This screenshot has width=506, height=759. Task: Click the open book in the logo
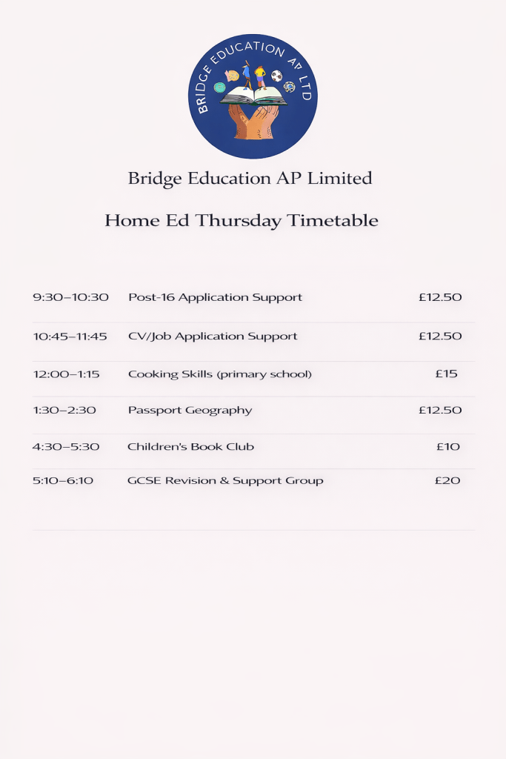coord(253,95)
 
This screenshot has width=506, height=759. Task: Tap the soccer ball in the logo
coord(276,76)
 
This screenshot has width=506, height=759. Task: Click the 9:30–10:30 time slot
coord(70,297)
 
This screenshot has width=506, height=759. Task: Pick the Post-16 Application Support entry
coord(215,297)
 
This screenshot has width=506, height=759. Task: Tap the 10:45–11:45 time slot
coord(70,336)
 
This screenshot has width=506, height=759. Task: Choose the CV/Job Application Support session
coord(213,336)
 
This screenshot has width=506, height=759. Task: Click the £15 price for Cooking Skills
coord(446,374)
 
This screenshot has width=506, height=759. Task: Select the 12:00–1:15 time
coord(66,374)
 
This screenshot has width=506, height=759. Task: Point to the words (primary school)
coord(264,374)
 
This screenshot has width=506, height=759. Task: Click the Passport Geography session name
coord(190,410)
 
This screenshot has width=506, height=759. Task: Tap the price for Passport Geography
coord(440,410)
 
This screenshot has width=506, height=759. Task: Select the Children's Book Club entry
coord(190,446)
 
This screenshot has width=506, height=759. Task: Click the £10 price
coord(447,446)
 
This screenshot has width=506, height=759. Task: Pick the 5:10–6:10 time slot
coord(63,480)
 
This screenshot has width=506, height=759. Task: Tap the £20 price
coord(447,480)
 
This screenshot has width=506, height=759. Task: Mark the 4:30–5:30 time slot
coord(66,446)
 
